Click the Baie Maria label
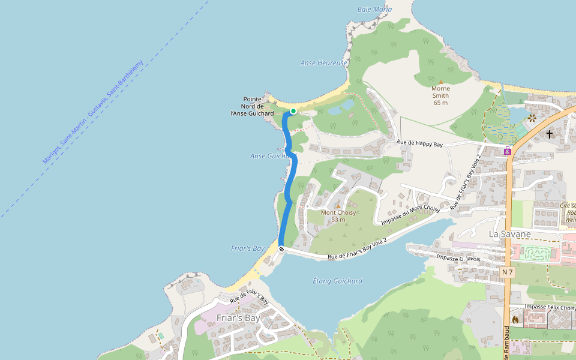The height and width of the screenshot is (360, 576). [x=374, y=10]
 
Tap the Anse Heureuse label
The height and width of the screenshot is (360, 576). [x=323, y=63]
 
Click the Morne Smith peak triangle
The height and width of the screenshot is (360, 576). [x=441, y=82]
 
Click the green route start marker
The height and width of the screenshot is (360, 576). [x=293, y=111]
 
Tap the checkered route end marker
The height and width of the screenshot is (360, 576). [x=281, y=248]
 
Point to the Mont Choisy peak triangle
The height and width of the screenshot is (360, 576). [x=338, y=206]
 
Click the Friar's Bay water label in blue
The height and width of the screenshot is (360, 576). [x=248, y=248]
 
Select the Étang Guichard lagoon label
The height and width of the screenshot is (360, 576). [x=338, y=281]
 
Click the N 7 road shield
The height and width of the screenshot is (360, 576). [x=508, y=272]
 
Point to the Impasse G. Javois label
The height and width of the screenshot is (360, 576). [x=460, y=258]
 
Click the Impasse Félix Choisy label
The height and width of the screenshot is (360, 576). [x=550, y=307]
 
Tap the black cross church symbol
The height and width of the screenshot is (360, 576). [x=550, y=134]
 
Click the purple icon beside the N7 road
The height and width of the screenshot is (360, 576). [x=508, y=151]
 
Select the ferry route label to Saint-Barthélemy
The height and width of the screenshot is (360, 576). [x=93, y=112]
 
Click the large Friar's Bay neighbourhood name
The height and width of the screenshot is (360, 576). [x=238, y=318]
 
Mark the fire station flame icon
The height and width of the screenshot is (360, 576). [x=515, y=319]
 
